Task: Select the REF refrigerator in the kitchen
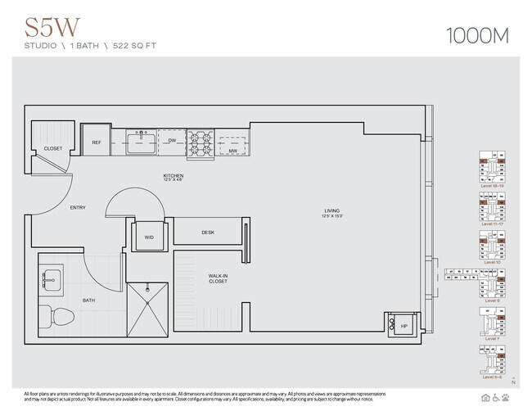tap(97, 142)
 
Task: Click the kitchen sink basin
tap(140, 143)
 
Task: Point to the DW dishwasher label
tap(173, 141)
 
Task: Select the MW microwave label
tap(232, 151)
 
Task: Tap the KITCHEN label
tap(173, 177)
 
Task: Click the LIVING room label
tap(331, 213)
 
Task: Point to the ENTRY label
tap(78, 208)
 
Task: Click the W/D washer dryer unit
tap(149, 237)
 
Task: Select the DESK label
tap(208, 233)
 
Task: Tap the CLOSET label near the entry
tap(53, 149)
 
